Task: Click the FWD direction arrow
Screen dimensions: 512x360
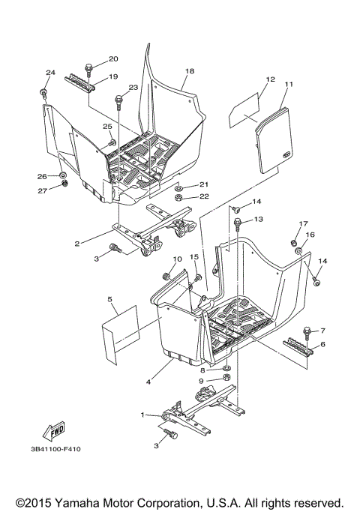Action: point(57,431)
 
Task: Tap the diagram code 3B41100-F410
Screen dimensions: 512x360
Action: point(57,451)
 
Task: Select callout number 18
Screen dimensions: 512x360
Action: point(189,70)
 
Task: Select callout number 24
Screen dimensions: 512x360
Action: point(50,73)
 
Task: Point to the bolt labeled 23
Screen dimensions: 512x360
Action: point(118,100)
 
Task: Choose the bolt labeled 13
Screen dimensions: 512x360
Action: point(238,222)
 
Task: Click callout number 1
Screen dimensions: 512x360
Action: point(143,415)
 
